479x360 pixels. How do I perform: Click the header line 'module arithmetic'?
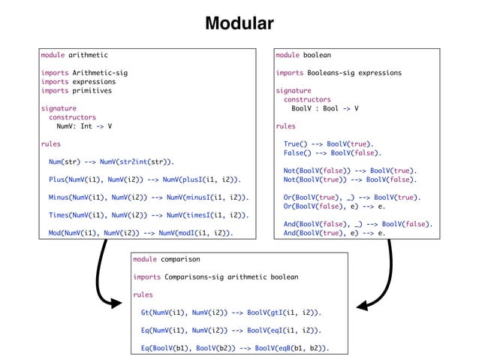pyautogui.click(x=74, y=55)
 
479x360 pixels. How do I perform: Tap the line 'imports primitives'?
pyautogui.click(x=76, y=90)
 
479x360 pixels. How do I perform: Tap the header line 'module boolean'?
pyautogui.click(x=303, y=55)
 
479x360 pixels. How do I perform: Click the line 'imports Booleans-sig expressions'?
pyautogui.click(x=338, y=73)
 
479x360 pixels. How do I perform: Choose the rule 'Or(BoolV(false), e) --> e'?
pyautogui.click(x=334, y=207)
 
